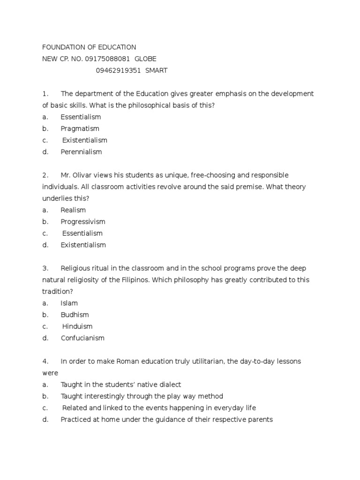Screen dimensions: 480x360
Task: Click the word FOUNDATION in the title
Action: pos(62,47)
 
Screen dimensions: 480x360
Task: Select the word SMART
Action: pos(156,71)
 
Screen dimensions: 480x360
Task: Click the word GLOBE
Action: pos(145,59)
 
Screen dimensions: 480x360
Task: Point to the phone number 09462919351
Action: pos(118,71)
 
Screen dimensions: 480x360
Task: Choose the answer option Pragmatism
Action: pos(80,128)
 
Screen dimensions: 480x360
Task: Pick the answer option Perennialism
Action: pos(81,152)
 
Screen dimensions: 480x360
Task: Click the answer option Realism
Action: pos(73,210)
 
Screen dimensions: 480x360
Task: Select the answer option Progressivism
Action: pos(83,222)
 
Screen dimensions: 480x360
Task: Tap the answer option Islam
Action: pos(69,303)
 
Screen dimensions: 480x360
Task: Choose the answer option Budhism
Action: pos(75,315)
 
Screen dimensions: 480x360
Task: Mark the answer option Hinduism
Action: pos(77,327)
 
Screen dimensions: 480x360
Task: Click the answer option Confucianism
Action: pos(82,338)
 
